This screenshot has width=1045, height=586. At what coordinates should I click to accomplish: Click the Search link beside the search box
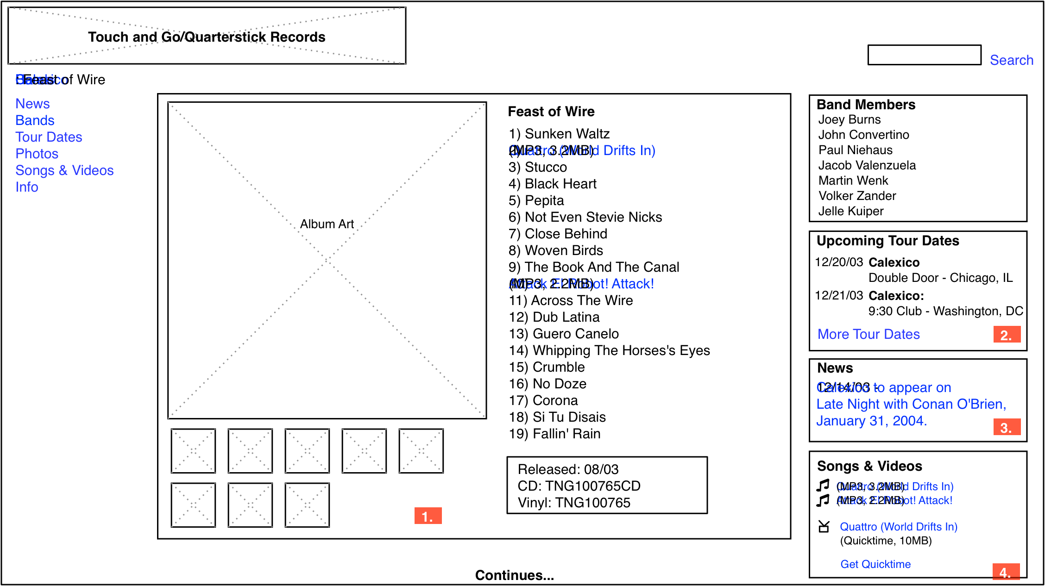click(1011, 60)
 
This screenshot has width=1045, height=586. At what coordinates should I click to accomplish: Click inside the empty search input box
click(924, 55)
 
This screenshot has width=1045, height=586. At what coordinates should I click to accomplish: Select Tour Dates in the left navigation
click(49, 137)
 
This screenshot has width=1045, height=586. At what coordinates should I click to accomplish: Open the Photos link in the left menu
click(37, 154)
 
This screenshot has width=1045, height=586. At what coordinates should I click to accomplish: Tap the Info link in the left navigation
click(26, 187)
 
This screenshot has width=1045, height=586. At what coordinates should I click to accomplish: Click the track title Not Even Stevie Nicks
click(585, 217)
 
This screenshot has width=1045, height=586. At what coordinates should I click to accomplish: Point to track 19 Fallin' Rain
click(554, 434)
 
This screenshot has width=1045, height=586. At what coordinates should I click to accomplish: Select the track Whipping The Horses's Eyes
click(609, 350)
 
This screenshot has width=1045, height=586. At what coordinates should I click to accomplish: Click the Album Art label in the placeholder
click(327, 224)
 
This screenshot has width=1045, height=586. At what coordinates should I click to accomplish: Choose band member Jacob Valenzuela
click(867, 165)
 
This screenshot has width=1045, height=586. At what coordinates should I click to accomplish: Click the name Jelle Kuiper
click(850, 211)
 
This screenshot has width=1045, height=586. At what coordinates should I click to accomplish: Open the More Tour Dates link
click(869, 334)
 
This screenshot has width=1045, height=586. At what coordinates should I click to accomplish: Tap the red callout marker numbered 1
click(428, 516)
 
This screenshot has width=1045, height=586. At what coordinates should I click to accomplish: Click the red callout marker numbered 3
click(1006, 427)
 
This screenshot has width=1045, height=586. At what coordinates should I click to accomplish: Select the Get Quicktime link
click(875, 564)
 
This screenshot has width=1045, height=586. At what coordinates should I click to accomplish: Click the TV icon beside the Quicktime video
click(824, 527)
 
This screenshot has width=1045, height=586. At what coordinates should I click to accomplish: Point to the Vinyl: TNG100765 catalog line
click(573, 503)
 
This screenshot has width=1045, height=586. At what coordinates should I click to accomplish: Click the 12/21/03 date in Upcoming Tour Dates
click(838, 295)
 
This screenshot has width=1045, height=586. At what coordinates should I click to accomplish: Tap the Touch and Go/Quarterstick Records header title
click(207, 37)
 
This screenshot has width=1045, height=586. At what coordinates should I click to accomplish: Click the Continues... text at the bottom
click(514, 575)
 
